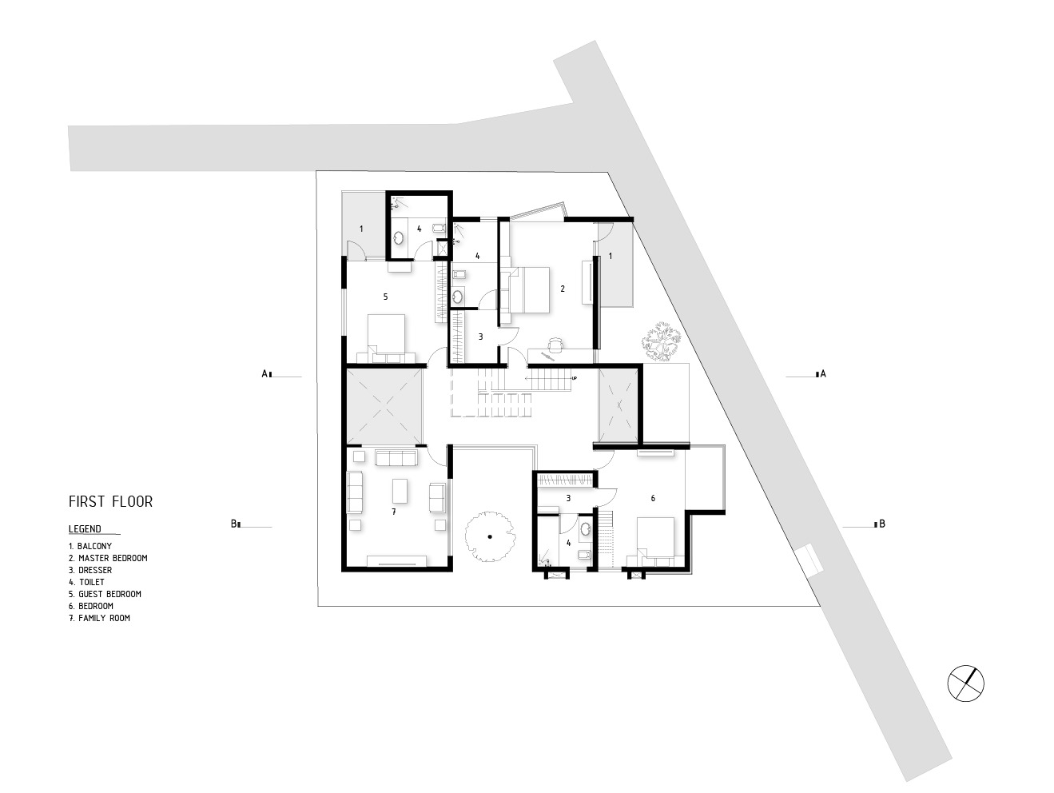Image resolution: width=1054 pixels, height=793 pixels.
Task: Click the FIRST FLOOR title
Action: tap(110, 502)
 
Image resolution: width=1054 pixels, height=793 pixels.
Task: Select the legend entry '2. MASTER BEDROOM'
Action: tap(108, 558)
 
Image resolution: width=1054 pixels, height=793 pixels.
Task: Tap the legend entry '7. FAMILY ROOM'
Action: tap(99, 618)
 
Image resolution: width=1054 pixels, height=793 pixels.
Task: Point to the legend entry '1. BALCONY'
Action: tap(90, 546)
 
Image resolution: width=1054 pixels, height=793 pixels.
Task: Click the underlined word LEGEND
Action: tap(86, 528)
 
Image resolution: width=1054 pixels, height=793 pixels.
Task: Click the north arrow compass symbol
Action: tap(965, 683)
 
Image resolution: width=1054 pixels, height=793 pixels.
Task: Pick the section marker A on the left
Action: tap(264, 373)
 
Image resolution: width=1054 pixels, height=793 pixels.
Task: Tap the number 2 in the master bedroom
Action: tap(563, 289)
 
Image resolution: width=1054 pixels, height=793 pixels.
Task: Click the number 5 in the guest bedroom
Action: tap(385, 297)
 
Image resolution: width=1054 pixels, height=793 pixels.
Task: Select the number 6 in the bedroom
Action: tap(653, 498)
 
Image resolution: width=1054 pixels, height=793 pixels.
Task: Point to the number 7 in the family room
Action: tap(393, 511)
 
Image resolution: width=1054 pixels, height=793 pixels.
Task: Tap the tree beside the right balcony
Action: tap(661, 339)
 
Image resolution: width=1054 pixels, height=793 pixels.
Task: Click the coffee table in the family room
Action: tap(399, 491)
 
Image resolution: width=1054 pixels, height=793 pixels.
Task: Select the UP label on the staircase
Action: tap(574, 378)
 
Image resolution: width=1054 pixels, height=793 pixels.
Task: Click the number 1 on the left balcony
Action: tap(361, 229)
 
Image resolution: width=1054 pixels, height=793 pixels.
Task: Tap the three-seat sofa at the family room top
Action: tap(396, 458)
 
